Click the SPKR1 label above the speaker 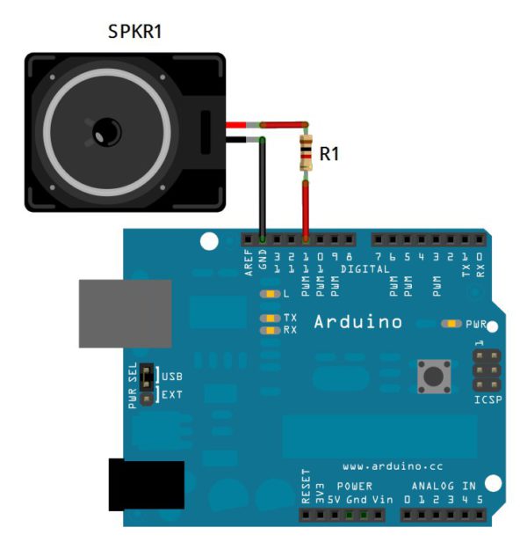point(135,31)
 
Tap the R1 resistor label point(329,153)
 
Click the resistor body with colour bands point(306,153)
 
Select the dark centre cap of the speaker point(107,132)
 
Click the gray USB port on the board point(126,313)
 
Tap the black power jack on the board point(147,485)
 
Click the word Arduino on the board point(358,322)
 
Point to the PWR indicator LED point(451,324)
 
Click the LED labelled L point(271,294)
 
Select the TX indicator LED point(271,318)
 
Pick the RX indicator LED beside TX point(271,331)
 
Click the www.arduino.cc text point(393,466)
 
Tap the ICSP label point(488,399)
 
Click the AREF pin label point(249,263)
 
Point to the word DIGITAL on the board point(365,269)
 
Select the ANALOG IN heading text point(444,486)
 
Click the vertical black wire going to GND point(263,188)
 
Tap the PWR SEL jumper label point(133,385)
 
